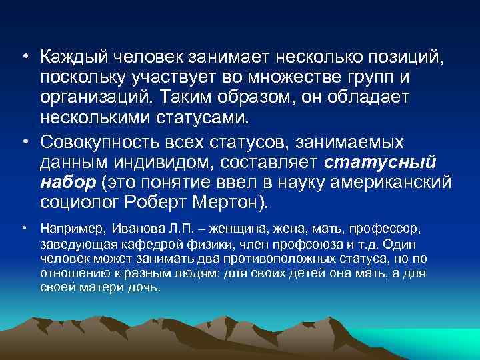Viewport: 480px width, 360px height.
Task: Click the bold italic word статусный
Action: (381, 163)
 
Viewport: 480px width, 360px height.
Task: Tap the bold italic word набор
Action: (65, 181)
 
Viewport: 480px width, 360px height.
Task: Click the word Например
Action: (71, 228)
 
